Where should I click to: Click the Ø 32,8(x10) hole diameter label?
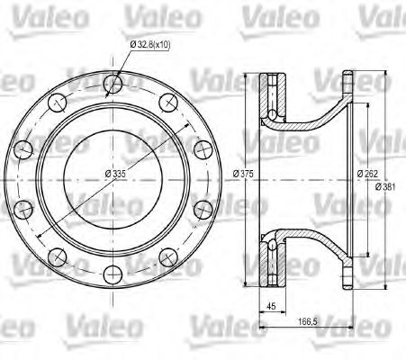coord(150,45)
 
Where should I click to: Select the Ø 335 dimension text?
coord(115,173)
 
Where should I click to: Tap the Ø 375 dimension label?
coord(243,174)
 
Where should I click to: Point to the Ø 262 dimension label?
coord(367,174)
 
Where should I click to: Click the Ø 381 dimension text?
coord(385,187)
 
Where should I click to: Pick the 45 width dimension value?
coord(272,306)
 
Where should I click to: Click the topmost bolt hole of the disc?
coord(113,83)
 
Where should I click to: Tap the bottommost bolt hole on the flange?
coord(113,274)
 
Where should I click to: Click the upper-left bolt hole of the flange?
coord(57,103)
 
